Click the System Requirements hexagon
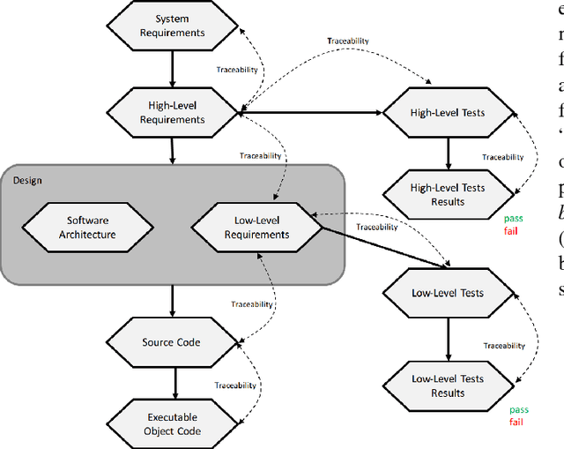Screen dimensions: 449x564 tap(172, 26)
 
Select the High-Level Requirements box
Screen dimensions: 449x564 tap(172, 113)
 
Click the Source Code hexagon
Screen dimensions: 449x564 tap(172, 342)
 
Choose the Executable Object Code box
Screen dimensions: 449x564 tap(172, 424)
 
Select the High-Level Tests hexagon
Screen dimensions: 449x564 tap(448, 113)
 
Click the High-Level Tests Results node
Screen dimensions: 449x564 tap(448, 194)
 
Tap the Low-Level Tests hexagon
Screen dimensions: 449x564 tap(448, 293)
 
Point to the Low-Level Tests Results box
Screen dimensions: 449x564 tap(448, 385)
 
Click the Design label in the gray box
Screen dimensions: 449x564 tap(27, 181)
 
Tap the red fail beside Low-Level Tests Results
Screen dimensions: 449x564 tap(516, 422)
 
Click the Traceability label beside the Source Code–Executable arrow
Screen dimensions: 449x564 tap(235, 385)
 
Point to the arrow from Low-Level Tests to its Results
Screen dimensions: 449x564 tap(448, 339)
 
